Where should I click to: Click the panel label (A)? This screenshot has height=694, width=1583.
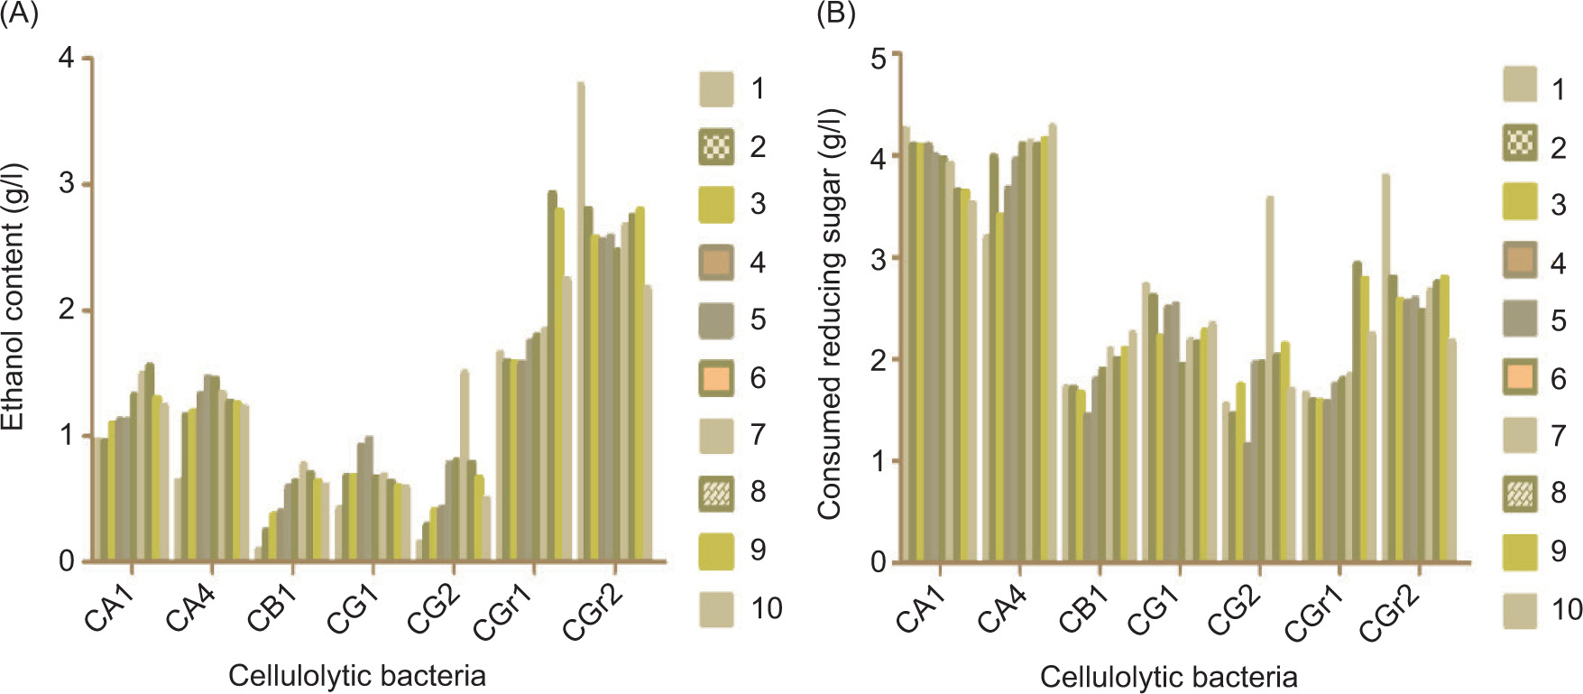coord(19,15)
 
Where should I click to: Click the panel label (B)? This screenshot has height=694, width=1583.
coord(835,14)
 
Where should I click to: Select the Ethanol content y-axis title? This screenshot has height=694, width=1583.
coord(13,298)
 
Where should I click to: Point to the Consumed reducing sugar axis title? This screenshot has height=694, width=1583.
coord(830,314)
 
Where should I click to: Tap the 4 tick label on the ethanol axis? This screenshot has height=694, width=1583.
coord(67,58)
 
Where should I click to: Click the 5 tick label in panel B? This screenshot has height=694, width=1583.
coord(879,58)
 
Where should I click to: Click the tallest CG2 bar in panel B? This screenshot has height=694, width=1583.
coord(1270,379)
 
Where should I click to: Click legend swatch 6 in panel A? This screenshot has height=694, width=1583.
coord(716,377)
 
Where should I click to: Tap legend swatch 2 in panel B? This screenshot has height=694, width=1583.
coord(1520,144)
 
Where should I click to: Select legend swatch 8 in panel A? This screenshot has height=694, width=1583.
coord(716,493)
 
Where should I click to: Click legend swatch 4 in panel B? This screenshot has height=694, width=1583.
coord(1520,261)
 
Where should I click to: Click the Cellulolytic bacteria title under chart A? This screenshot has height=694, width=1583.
coord(357,675)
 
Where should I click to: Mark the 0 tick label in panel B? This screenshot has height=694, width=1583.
coord(879,562)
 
